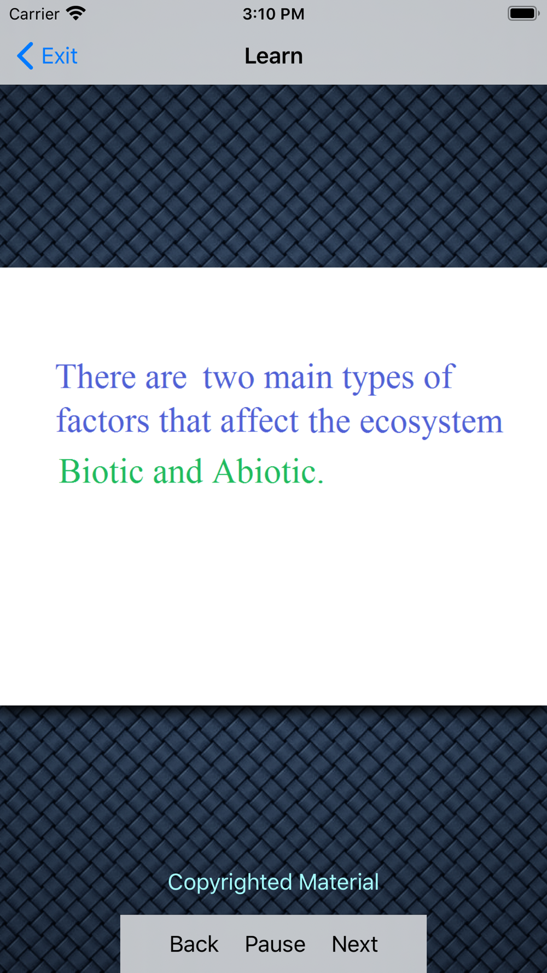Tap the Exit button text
60,56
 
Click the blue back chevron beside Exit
25,56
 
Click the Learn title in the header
273,56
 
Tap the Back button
194,944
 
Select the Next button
354,944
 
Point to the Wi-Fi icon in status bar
76,13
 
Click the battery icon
523,13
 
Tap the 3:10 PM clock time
273,14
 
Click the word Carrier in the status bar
34,14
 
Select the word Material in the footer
339,882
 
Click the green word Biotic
101,471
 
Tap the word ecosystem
431,422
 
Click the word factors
103,421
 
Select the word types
378,379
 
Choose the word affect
259,421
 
